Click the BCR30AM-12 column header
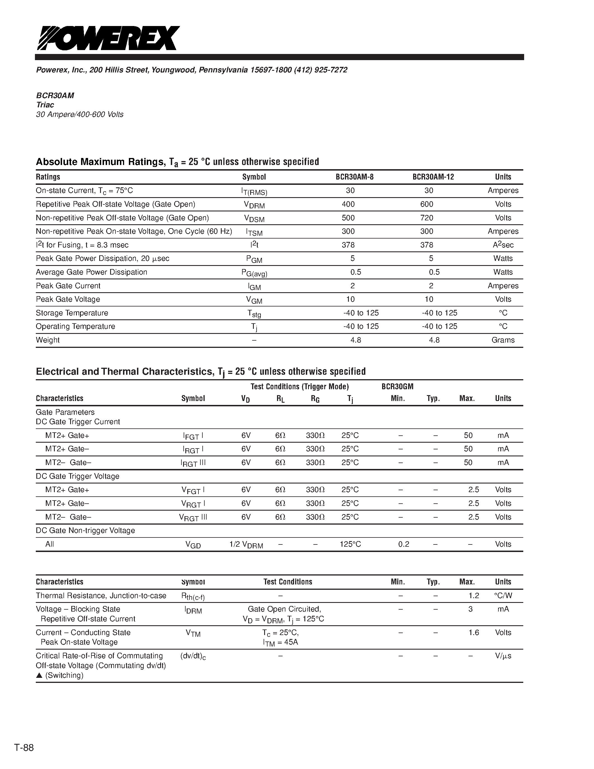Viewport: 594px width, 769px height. coord(433,177)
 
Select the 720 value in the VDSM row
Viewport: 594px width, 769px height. coord(427,218)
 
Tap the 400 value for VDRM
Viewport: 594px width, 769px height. coord(348,204)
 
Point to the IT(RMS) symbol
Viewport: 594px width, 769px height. coord(254,191)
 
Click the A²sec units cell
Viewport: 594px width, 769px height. coord(503,245)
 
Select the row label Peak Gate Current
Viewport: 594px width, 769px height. coord(68,286)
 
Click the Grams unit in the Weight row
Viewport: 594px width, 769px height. coord(503,340)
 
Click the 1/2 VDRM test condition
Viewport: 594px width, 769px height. coord(246,545)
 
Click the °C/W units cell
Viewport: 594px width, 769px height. coord(503,596)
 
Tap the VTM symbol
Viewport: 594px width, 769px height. coord(193,633)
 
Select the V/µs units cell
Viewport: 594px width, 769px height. coord(503,656)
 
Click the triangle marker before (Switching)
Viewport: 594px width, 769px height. coord(39,675)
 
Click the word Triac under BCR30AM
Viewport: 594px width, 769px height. coord(45,105)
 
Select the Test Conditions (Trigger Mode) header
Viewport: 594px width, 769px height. coord(299,387)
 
